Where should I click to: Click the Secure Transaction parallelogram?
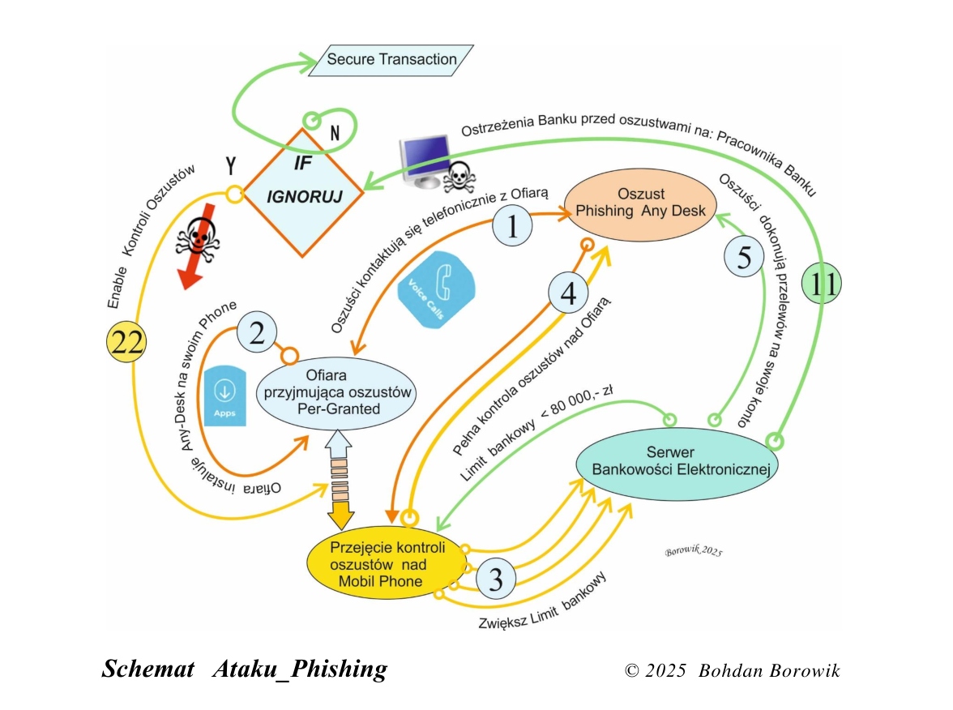(391, 60)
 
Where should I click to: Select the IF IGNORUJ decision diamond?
(303, 193)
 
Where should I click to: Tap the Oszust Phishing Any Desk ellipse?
(640, 204)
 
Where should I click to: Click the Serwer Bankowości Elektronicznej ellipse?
(677, 464)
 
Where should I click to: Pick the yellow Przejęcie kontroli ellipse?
(387, 562)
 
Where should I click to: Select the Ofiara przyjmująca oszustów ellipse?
(336, 392)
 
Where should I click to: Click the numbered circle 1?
(512, 225)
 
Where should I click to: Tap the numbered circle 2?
(256, 332)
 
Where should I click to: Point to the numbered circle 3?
(496, 579)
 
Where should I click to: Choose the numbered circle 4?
(568, 293)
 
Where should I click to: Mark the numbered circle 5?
(744, 257)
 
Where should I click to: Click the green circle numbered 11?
(821, 284)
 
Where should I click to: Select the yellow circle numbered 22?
(126, 342)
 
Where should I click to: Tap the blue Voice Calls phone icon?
(436, 290)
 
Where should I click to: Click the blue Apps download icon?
(225, 396)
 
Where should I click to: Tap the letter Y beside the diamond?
(231, 165)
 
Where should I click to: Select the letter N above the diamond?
(334, 133)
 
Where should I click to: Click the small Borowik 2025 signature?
(694, 551)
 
